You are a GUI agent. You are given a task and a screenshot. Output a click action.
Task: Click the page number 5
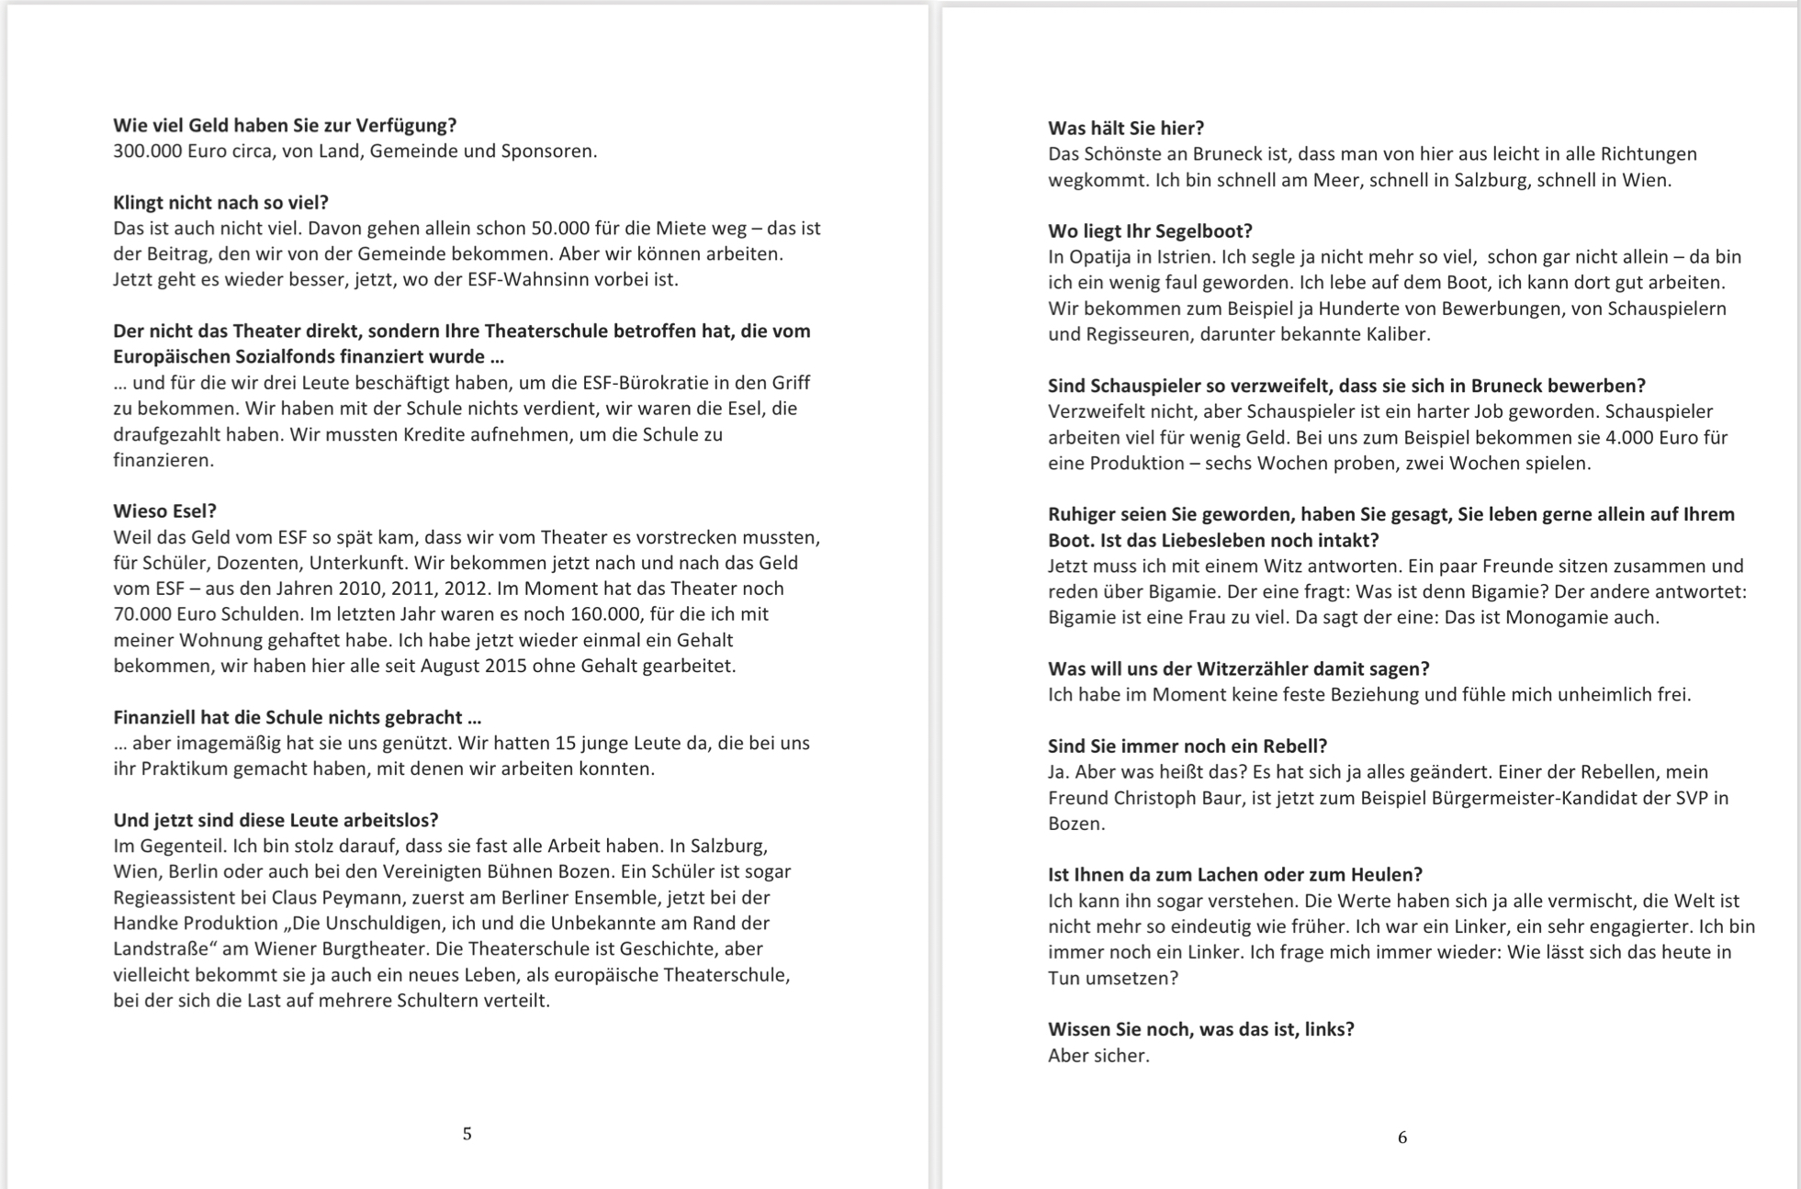pyautogui.click(x=467, y=1134)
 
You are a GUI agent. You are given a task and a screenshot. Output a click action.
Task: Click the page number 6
pyautogui.click(x=1401, y=1138)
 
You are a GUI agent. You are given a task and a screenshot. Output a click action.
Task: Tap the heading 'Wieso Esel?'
pyautogui.click(x=164, y=511)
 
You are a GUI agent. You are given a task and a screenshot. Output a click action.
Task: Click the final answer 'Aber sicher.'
pyautogui.click(x=1098, y=1056)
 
